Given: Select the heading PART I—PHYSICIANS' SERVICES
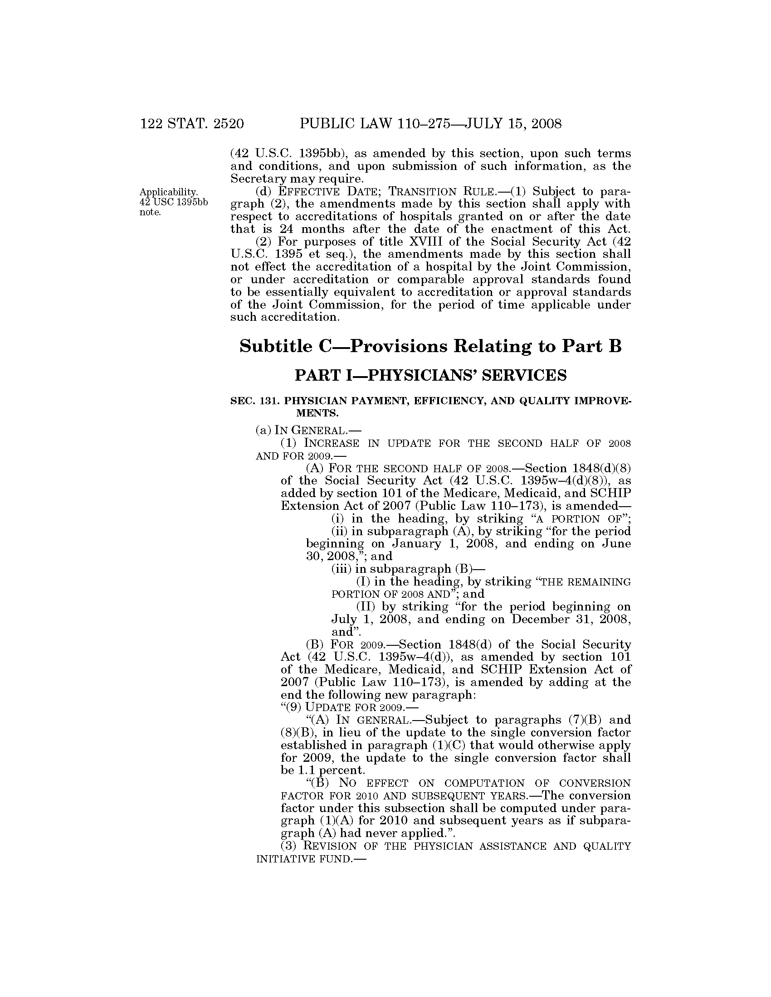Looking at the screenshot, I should point(430,375).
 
